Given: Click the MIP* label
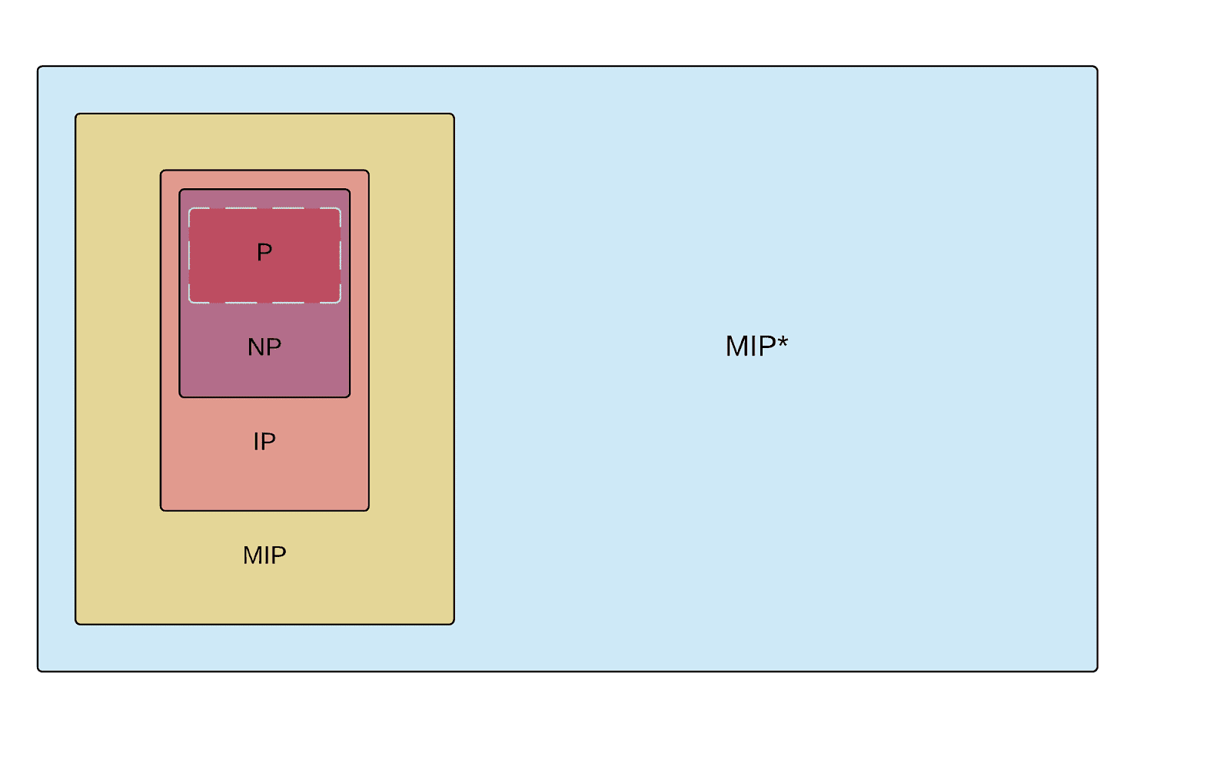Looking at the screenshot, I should [756, 347].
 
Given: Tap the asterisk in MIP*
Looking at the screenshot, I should [783, 340].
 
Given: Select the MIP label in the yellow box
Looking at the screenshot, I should [264, 555].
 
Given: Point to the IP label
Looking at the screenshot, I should [264, 442].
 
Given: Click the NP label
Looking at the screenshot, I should [264, 347].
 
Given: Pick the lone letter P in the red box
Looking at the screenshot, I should [264, 252].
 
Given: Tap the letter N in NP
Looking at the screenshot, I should [256, 347].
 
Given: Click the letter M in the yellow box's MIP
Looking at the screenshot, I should [251, 555].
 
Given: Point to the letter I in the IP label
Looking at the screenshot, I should [256, 442].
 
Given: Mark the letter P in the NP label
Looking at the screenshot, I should [274, 347].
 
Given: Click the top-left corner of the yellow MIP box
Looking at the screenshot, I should [76, 114].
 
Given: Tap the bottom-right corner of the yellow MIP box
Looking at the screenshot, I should [454, 623].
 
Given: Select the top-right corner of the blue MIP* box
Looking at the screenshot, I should [1096, 68].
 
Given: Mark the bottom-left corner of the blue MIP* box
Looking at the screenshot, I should [38, 671].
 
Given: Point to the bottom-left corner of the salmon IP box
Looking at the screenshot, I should [161, 509].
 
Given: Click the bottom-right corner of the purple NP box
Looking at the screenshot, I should [349, 396].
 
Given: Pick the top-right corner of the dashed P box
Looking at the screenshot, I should [340, 209].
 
